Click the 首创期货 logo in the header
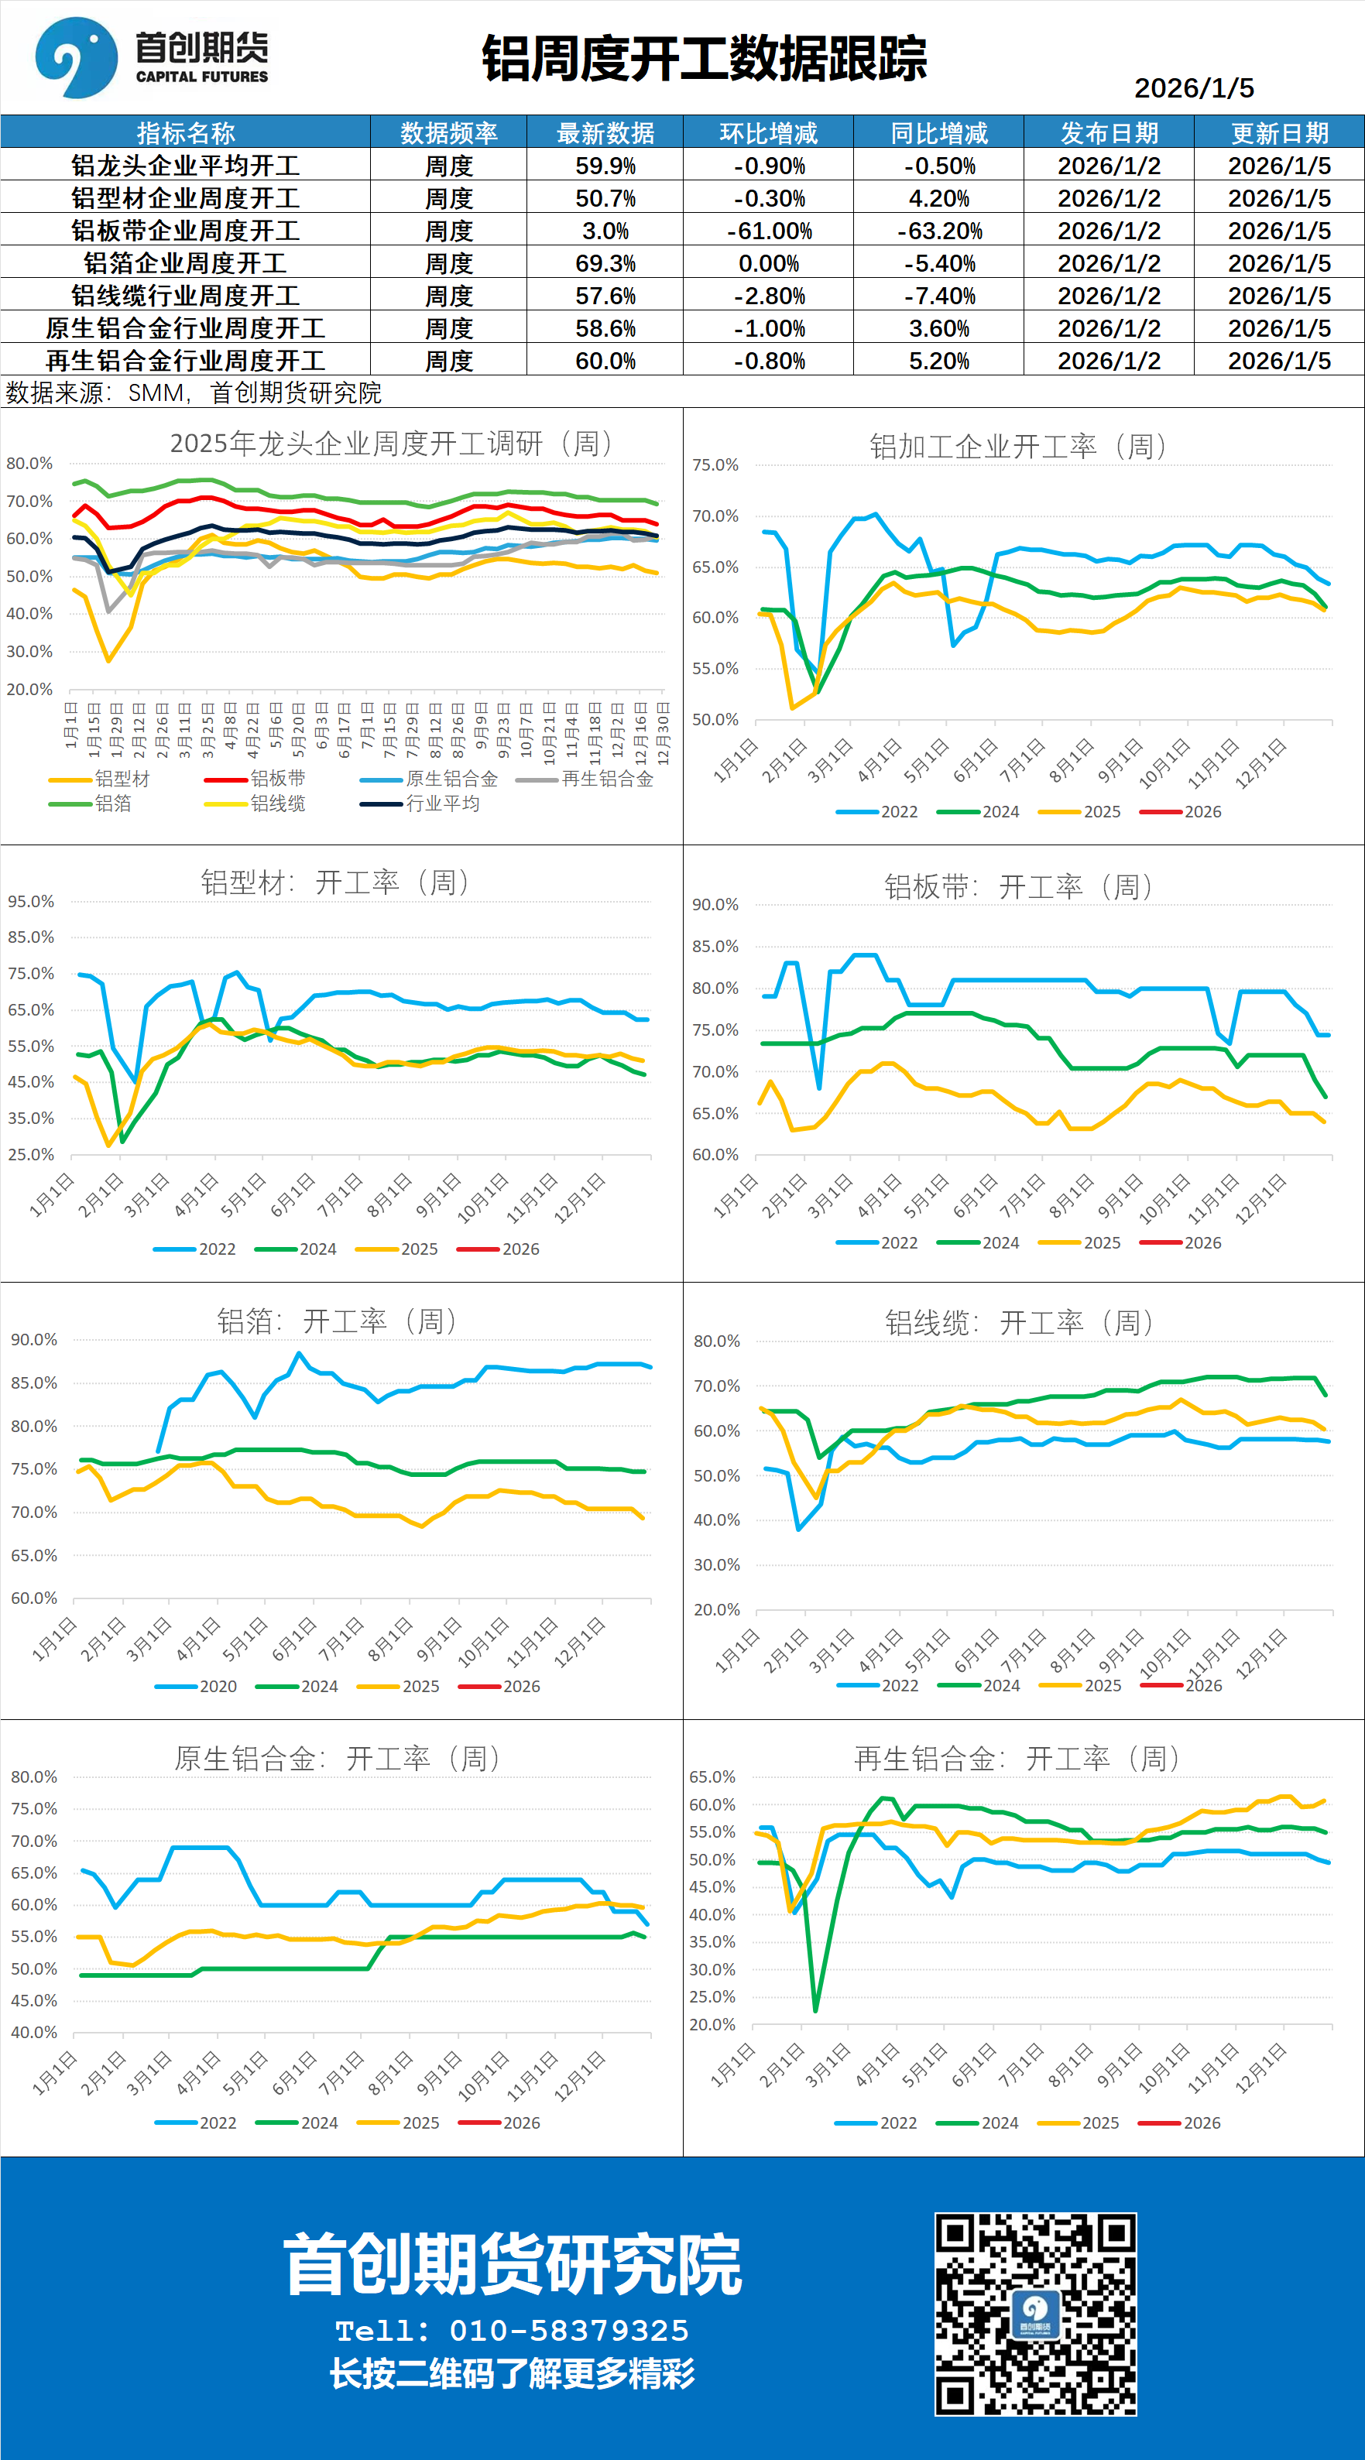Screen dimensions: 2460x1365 point(151,57)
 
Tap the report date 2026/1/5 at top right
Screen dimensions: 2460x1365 point(1193,88)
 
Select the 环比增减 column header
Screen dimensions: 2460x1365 point(768,132)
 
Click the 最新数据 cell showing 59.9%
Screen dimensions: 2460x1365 point(605,166)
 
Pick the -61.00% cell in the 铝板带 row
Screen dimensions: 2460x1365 point(768,231)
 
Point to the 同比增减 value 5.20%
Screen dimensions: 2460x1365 point(938,361)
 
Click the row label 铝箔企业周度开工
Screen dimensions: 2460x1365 point(185,263)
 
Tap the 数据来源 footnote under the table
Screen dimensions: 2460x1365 point(194,392)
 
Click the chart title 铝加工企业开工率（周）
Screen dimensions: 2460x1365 point(1018,446)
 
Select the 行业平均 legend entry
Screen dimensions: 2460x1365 point(441,804)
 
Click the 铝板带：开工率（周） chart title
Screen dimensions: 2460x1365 point(1018,887)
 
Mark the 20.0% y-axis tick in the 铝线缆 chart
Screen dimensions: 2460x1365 point(716,1610)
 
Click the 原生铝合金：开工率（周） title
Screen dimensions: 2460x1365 point(338,1758)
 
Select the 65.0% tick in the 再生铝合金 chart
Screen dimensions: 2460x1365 point(712,1777)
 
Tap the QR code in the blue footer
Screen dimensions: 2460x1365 point(1035,2314)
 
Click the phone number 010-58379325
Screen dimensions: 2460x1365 point(568,2331)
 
